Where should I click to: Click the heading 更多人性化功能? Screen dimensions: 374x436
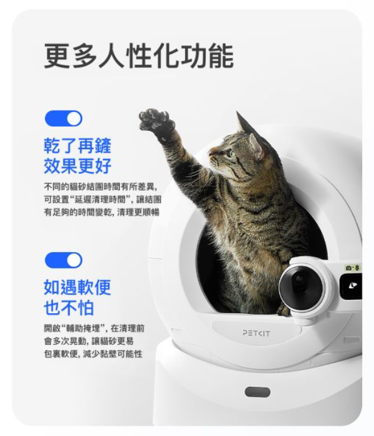tap(138, 56)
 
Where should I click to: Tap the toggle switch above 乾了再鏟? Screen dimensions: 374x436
tap(64, 119)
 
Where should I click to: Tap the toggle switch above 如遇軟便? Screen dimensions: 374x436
tap(64, 260)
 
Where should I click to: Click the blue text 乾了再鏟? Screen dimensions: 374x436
tap(77, 146)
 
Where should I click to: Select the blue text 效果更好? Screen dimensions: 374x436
tap(77, 166)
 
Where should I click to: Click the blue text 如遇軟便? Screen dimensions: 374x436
tap(77, 288)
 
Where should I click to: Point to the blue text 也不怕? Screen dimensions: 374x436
tap(69, 308)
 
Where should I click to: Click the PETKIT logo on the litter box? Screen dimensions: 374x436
tap(256, 333)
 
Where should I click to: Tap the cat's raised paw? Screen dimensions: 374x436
tap(156, 122)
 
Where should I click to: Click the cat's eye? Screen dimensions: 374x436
tap(230, 153)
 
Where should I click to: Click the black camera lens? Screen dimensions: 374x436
tap(302, 284)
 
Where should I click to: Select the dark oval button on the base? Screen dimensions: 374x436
tap(257, 392)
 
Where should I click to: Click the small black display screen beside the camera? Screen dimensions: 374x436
tap(351, 286)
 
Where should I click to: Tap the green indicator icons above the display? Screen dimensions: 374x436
tap(353, 268)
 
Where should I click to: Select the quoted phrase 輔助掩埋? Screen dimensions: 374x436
tap(82, 328)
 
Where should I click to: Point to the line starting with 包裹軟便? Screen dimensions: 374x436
tap(93, 354)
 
